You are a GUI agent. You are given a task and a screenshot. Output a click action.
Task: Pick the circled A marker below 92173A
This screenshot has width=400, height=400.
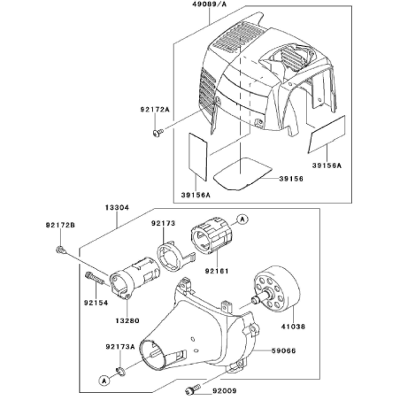point(104,381)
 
